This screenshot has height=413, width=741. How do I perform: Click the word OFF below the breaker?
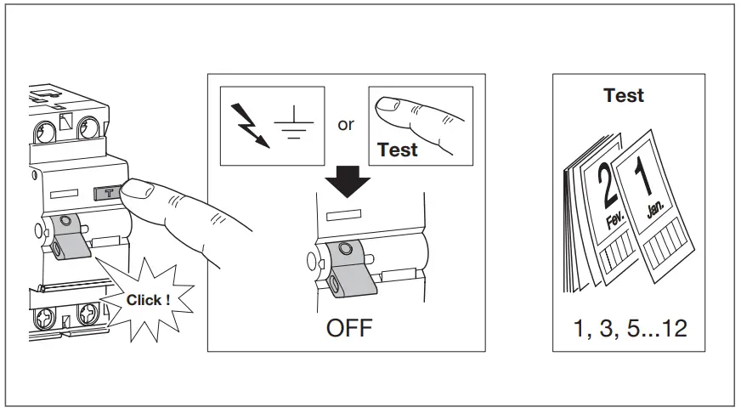348,328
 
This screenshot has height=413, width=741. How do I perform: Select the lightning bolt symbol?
250,124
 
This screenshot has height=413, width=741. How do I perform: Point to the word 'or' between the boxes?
346,124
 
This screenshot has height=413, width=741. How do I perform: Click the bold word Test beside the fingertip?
398,150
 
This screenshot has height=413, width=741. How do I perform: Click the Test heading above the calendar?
624,95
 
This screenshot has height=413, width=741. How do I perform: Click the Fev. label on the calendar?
615,223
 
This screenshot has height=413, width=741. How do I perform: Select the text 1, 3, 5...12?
630,328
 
